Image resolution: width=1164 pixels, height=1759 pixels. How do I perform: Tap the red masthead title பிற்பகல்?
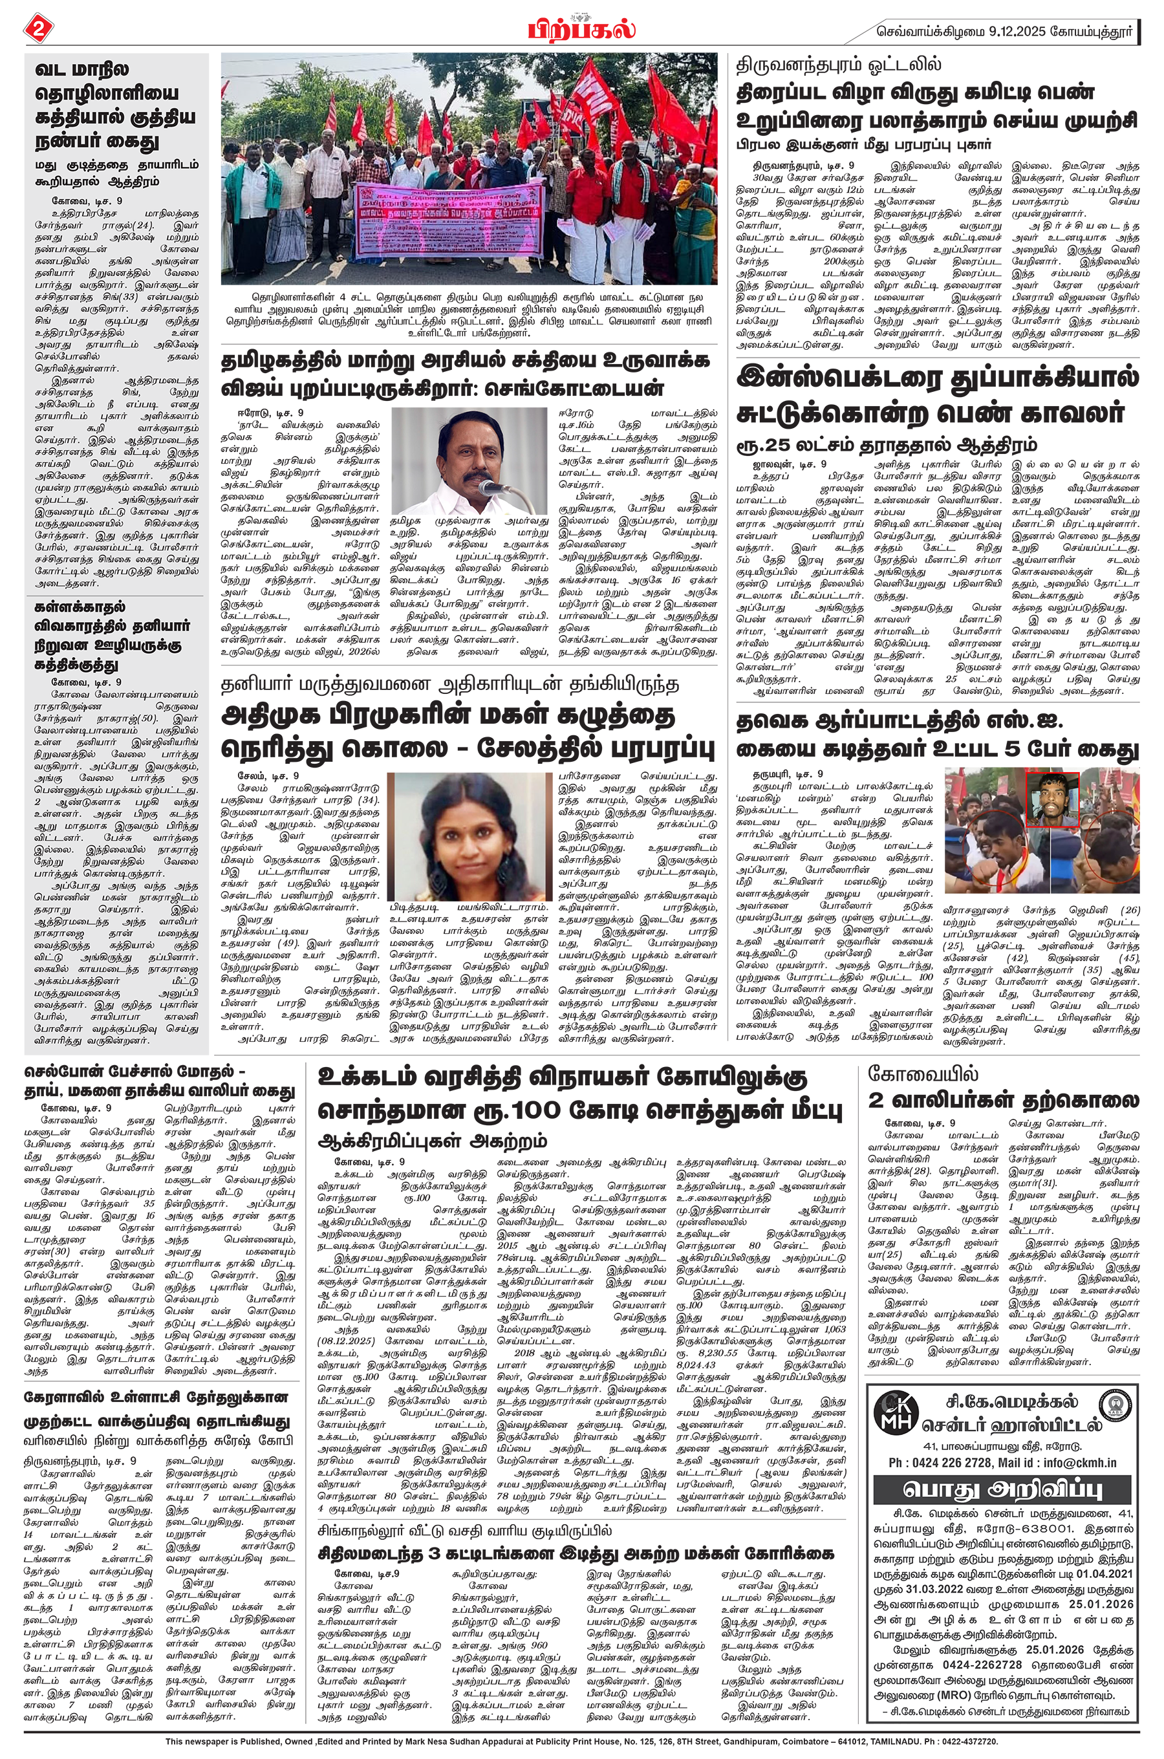pyautogui.click(x=581, y=28)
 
